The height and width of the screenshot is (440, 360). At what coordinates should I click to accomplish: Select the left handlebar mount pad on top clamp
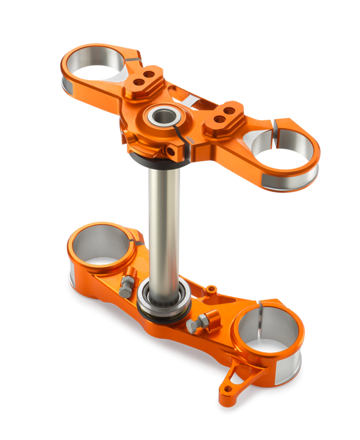145,79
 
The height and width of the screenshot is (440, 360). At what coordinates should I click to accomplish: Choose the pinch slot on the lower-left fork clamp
139,243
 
